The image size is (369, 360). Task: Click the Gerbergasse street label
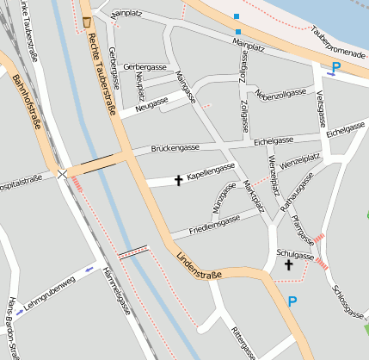pos(145,66)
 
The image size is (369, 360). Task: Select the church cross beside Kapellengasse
pos(179,180)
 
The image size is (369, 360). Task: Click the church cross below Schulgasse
pos(289,266)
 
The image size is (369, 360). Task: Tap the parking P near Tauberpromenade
pos(335,66)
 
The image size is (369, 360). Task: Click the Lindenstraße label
pos(199,265)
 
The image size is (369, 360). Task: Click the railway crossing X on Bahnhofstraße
pos(62,174)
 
